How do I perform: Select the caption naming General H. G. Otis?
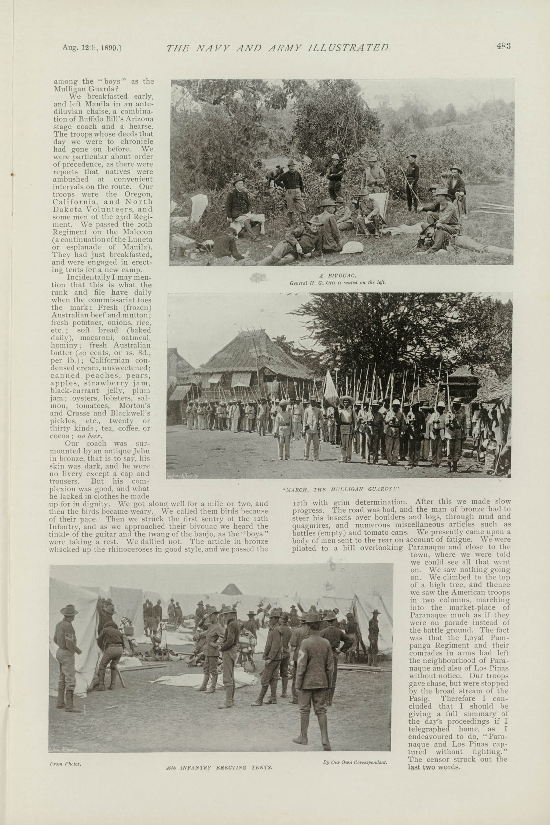pos(338,283)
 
